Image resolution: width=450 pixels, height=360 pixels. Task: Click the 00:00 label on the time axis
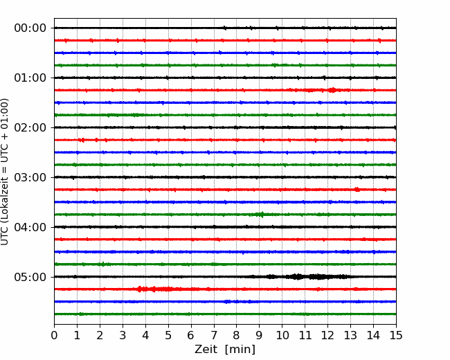coord(30,28)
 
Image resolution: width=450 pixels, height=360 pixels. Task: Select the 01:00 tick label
coord(30,78)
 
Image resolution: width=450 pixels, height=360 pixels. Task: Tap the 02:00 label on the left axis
coord(30,127)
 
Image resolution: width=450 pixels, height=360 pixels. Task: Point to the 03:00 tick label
coord(30,177)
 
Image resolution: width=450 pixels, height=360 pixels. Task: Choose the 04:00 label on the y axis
coord(30,227)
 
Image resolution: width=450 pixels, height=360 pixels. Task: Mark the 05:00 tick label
coord(30,277)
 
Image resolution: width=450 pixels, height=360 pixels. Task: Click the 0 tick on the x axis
coord(54,335)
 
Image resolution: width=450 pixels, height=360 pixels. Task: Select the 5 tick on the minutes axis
coord(168,335)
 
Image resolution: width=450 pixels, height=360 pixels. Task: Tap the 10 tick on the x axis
coord(282,335)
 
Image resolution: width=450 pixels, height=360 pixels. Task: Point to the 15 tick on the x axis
coord(396,335)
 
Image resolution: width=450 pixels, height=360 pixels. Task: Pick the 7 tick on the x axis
coord(214,335)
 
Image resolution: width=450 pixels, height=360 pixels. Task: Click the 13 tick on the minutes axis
coord(350,335)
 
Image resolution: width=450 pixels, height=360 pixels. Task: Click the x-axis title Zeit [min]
coord(225,350)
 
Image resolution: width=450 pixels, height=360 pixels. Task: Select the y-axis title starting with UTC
coord(5,172)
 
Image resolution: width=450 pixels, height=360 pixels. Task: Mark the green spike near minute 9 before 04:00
coord(261,215)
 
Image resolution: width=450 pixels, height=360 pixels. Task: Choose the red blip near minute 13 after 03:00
coord(357,190)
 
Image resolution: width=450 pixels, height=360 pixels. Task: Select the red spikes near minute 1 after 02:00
coord(82,140)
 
